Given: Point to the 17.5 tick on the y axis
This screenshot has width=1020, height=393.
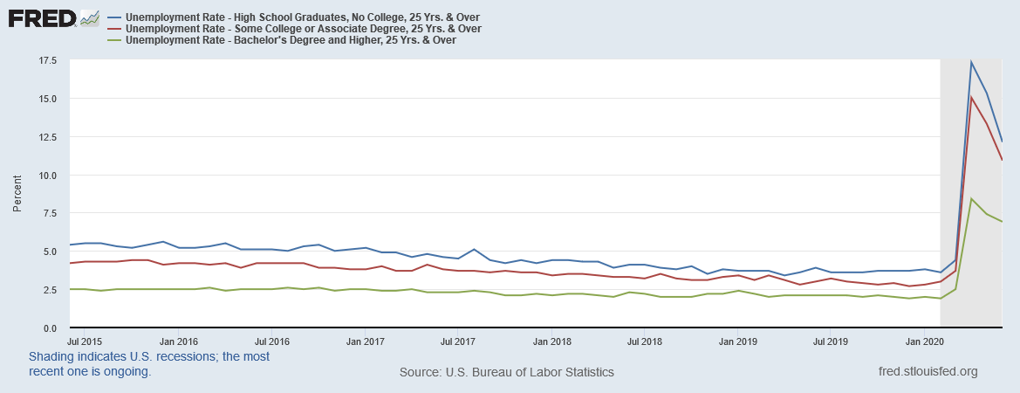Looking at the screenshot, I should [47, 60].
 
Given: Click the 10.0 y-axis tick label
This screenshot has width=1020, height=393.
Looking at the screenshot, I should [47, 176].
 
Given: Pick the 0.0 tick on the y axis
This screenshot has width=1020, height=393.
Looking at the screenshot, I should [50, 328].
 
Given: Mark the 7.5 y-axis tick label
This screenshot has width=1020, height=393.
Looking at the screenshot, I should [50, 213].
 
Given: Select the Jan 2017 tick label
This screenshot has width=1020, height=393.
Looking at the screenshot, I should [366, 341].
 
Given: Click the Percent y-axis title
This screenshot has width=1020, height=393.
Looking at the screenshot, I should [17, 194].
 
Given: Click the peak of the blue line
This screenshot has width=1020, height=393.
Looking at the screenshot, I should [971, 62].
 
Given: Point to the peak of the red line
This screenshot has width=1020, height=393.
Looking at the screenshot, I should [971, 97].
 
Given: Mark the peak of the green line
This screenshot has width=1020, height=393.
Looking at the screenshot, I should [971, 199].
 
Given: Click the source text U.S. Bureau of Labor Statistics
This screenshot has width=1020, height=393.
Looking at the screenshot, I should [506, 372].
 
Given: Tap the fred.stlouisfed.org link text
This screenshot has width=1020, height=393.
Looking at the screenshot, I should [928, 372].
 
